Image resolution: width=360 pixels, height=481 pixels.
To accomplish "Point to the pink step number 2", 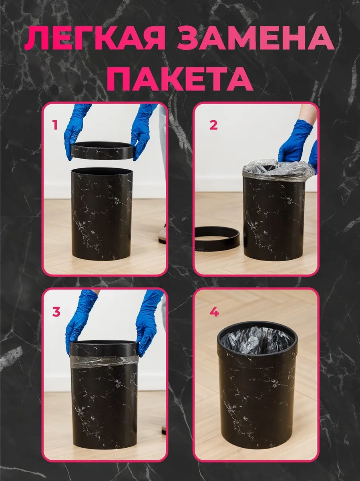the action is point(213,125).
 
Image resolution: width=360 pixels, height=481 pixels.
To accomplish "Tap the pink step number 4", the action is point(214,312).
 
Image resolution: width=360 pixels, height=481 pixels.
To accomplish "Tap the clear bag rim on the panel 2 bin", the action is point(279,170).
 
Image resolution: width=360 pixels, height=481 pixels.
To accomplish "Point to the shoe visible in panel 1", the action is point(163,233).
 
